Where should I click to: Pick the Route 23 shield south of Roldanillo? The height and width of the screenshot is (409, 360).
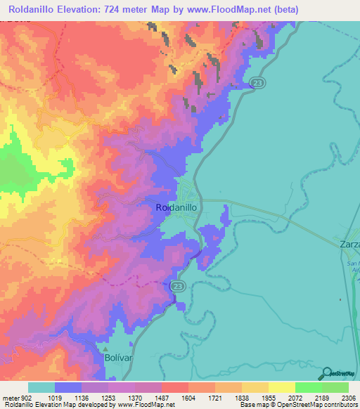(x=177, y=285)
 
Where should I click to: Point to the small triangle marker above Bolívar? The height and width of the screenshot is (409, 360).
(x=105, y=348)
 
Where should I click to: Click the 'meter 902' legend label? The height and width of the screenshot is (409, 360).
(x=14, y=398)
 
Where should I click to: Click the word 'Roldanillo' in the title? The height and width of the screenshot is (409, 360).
(x=33, y=10)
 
